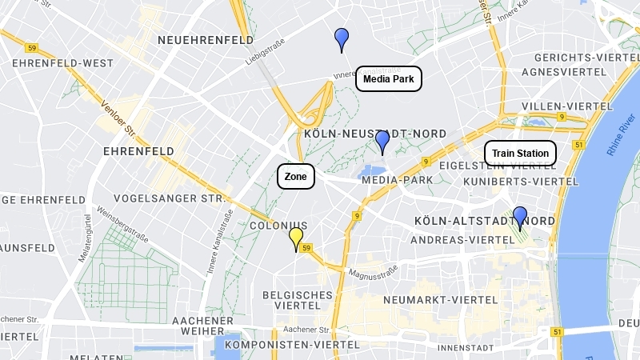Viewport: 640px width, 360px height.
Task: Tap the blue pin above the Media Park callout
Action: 342,38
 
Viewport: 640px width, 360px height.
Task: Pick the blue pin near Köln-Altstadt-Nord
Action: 520,217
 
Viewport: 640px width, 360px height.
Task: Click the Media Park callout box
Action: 388,78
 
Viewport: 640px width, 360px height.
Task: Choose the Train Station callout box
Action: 520,153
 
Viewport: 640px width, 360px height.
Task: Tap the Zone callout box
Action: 296,176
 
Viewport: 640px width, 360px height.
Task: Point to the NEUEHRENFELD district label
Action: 206,40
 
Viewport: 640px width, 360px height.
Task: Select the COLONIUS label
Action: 278,226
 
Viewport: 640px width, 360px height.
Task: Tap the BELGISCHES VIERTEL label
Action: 298,300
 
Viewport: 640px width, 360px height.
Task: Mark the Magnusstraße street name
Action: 373,274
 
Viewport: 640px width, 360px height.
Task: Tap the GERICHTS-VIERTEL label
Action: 584,58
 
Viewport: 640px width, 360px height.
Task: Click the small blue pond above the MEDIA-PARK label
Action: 371,170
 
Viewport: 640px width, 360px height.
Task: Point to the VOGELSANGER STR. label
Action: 168,198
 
